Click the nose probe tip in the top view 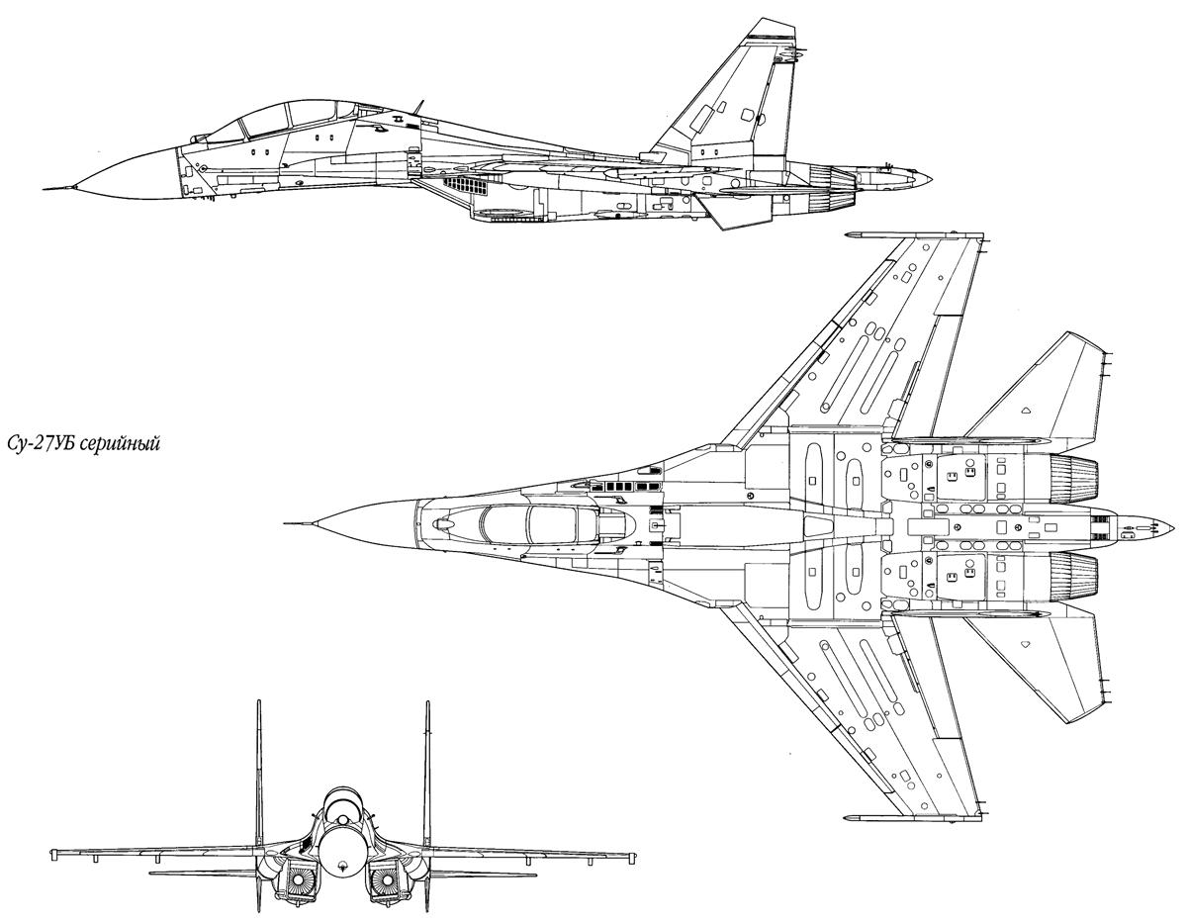coord(286,522)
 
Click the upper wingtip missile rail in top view coord(870,235)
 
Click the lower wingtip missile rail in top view coord(870,818)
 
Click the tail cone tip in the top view coord(1162,525)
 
